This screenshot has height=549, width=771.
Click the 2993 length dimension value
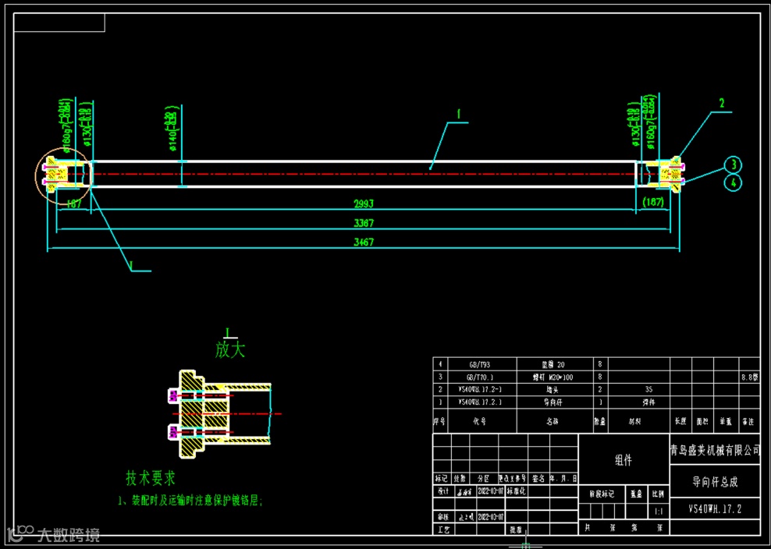point(364,204)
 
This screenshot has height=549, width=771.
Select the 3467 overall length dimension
point(364,243)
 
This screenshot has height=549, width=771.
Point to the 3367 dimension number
point(364,224)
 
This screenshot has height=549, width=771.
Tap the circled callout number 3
point(732,165)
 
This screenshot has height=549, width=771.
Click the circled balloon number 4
point(732,182)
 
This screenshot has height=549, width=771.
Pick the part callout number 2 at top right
point(722,103)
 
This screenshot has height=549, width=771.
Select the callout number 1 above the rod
point(459,114)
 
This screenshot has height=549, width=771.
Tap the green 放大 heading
point(230,349)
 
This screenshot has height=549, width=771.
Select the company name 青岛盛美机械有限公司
point(714,450)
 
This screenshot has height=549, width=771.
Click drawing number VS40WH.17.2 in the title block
point(714,508)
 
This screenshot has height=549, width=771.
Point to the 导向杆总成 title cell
point(714,482)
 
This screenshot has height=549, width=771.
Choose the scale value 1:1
point(659,511)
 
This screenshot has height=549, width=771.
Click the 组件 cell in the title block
point(623,460)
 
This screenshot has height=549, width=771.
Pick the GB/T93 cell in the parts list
point(480,364)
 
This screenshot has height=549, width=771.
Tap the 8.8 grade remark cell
point(750,377)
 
